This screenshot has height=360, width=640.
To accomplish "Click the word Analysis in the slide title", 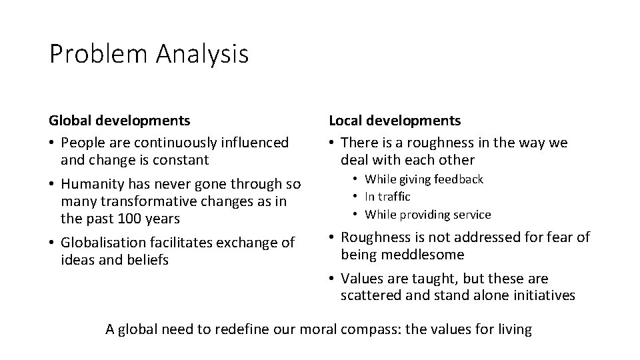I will point(203,54).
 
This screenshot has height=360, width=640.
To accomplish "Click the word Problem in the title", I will point(99,54).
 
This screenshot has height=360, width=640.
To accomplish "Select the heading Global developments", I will point(119,121).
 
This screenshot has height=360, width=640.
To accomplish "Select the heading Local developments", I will point(394,121).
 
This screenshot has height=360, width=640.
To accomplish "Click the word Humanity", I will point(90,184).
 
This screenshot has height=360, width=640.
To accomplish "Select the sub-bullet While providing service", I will point(427,215).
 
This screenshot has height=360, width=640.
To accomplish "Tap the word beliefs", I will point(147,260).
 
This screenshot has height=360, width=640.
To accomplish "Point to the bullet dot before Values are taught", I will point(332,279).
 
